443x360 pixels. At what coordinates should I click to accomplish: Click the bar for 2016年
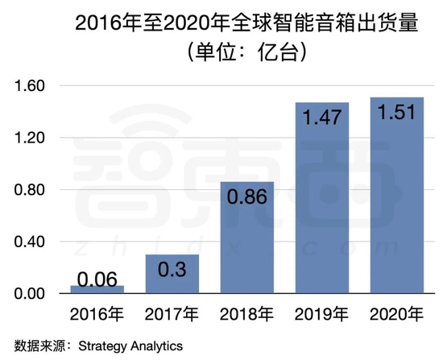coord(97,289)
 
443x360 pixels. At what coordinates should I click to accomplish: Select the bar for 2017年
coord(172,274)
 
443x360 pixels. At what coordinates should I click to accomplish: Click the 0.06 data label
coord(97,279)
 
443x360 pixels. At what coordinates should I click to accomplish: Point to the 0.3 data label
coord(172,271)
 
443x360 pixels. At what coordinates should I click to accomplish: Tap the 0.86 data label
coord(247,198)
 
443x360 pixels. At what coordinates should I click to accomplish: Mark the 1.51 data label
coord(395,113)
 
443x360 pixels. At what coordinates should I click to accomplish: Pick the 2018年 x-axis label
coord(247,312)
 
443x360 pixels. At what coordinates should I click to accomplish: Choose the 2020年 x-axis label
coord(395,312)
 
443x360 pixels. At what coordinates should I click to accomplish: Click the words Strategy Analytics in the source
coord(125,346)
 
